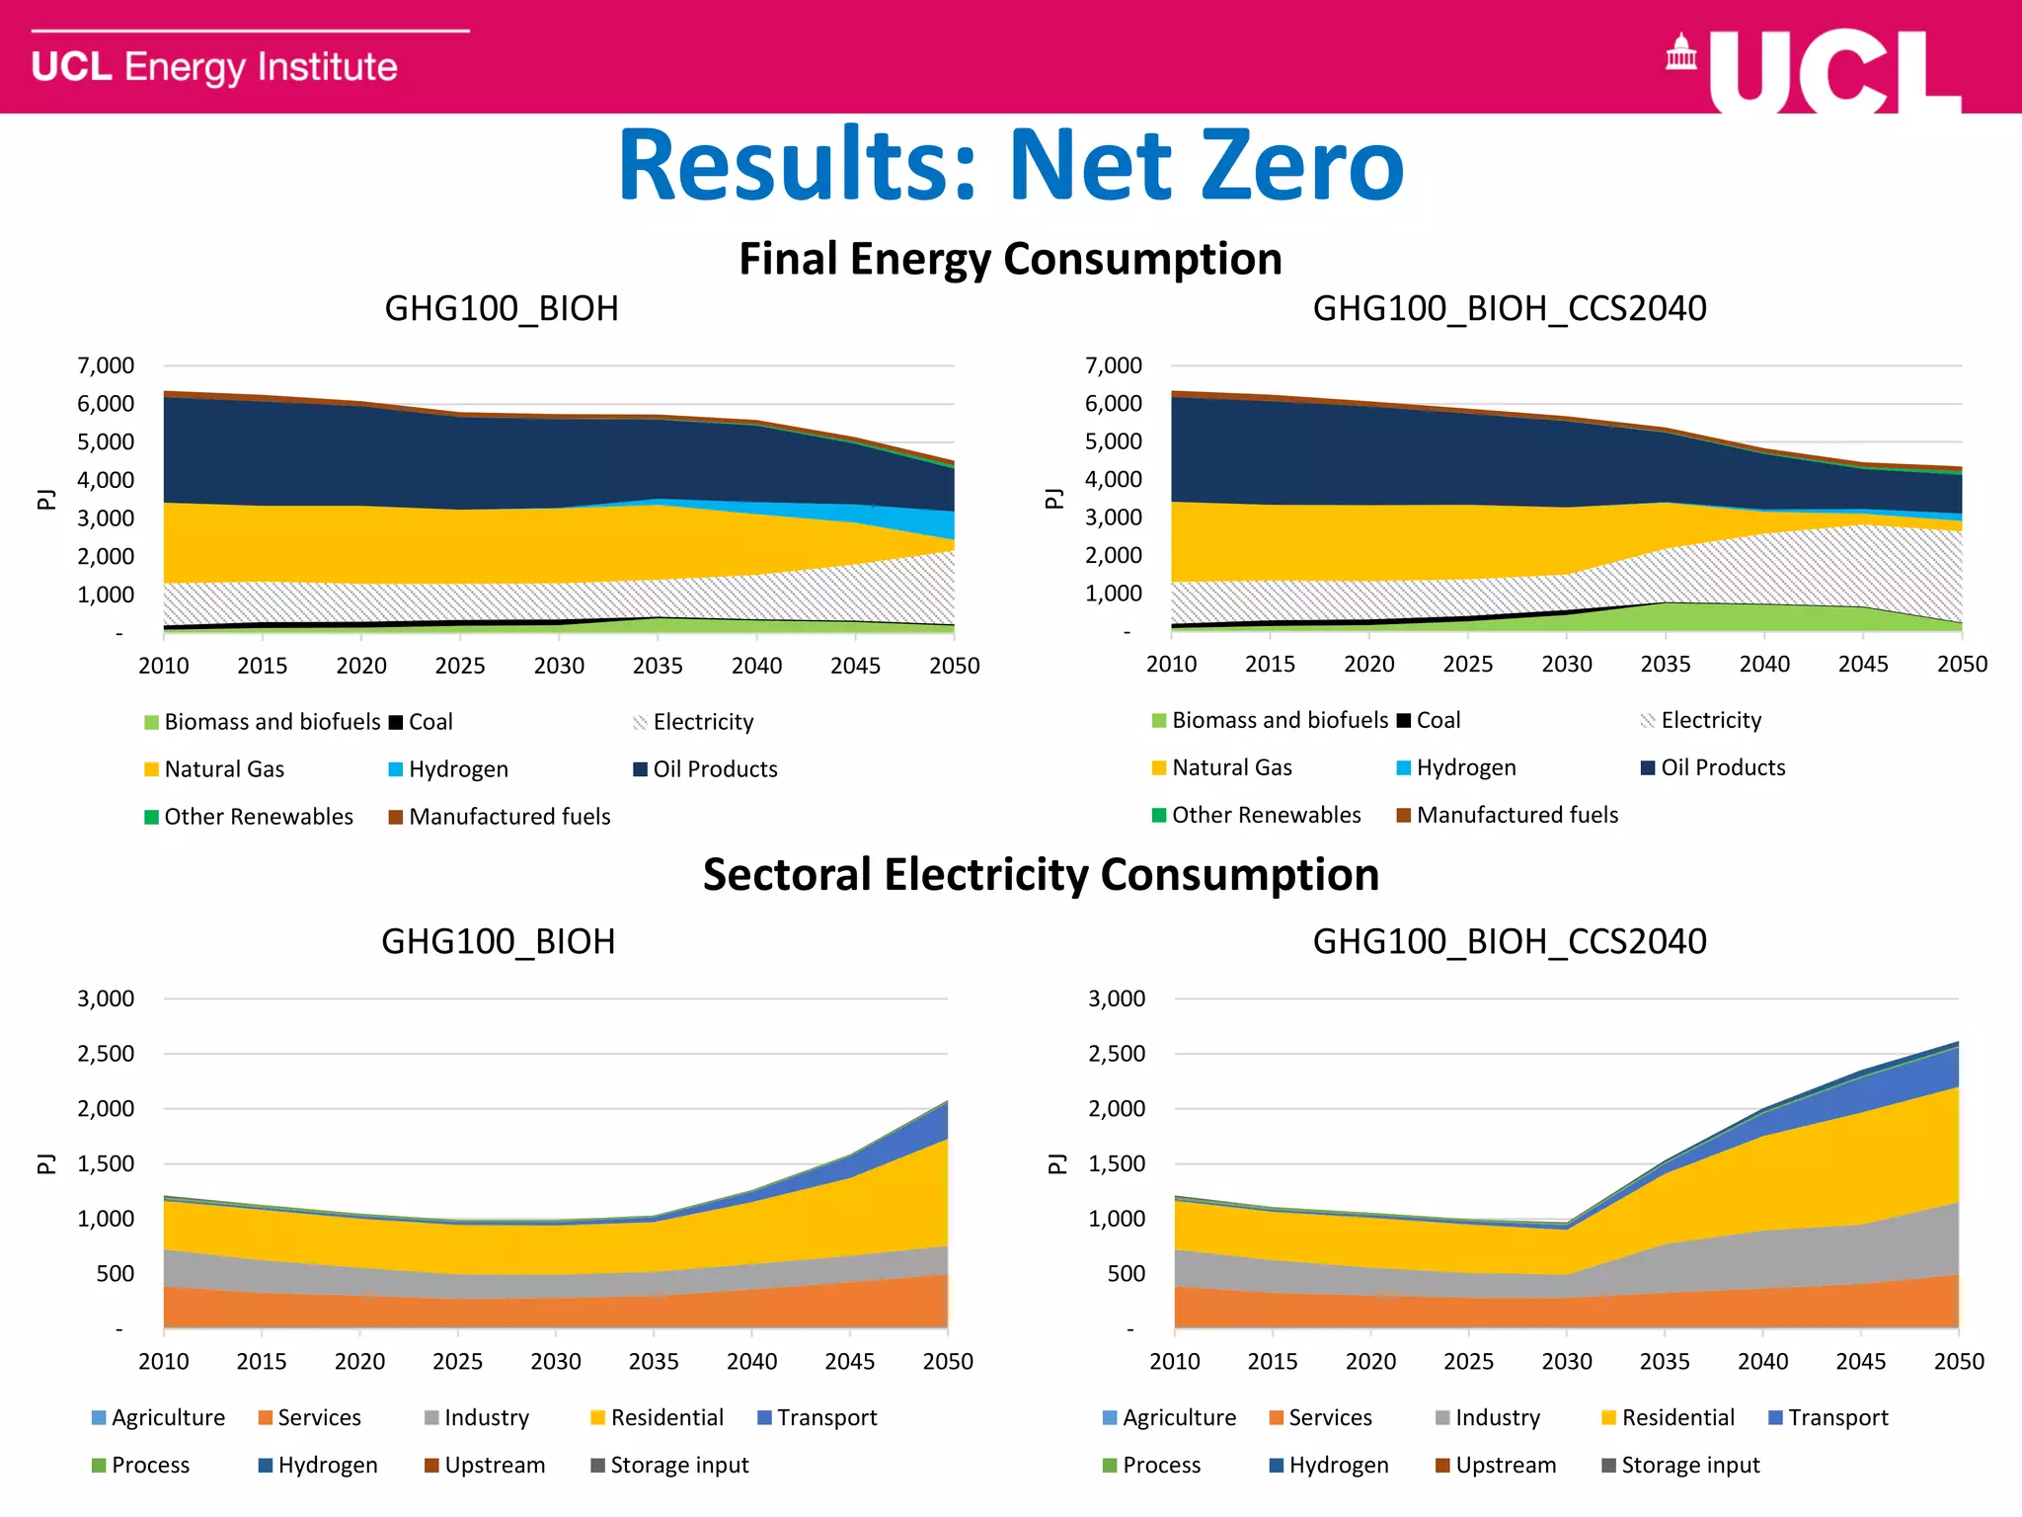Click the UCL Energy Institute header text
[x=214, y=67]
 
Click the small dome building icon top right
[x=1680, y=54]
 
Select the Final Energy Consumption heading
[x=1010, y=259]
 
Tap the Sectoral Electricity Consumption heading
[x=1041, y=875]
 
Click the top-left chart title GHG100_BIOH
[x=502, y=309]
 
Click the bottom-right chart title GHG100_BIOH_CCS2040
[x=1509, y=942]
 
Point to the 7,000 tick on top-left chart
[x=106, y=365]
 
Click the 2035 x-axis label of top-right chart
[x=1665, y=665]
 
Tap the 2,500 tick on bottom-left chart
[x=106, y=1054]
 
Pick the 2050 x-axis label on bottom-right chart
[x=1958, y=1362]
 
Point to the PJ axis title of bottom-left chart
[x=45, y=1163]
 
